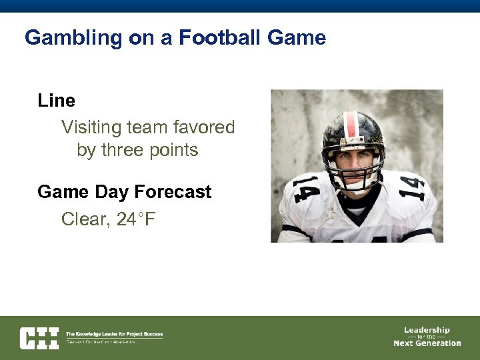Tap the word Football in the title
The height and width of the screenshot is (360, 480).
coord(219,37)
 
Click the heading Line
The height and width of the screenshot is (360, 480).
coord(56,101)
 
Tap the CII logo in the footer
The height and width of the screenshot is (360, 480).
coord(39,338)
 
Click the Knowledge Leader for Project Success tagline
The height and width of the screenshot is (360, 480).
coord(114,334)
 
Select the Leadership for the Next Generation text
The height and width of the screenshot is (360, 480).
coord(427,337)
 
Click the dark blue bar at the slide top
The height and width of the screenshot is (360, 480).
coord(240,6)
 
